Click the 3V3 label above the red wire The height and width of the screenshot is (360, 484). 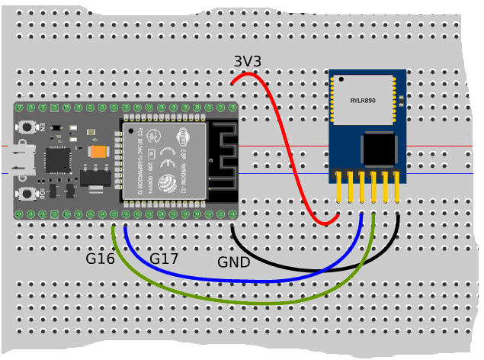(x=246, y=62)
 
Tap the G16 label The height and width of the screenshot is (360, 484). (x=100, y=259)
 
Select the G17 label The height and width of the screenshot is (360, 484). (x=164, y=259)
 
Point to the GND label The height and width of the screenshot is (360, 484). (x=234, y=262)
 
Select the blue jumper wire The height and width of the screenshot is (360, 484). (x=252, y=280)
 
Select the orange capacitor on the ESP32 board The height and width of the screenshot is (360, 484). (x=98, y=152)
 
